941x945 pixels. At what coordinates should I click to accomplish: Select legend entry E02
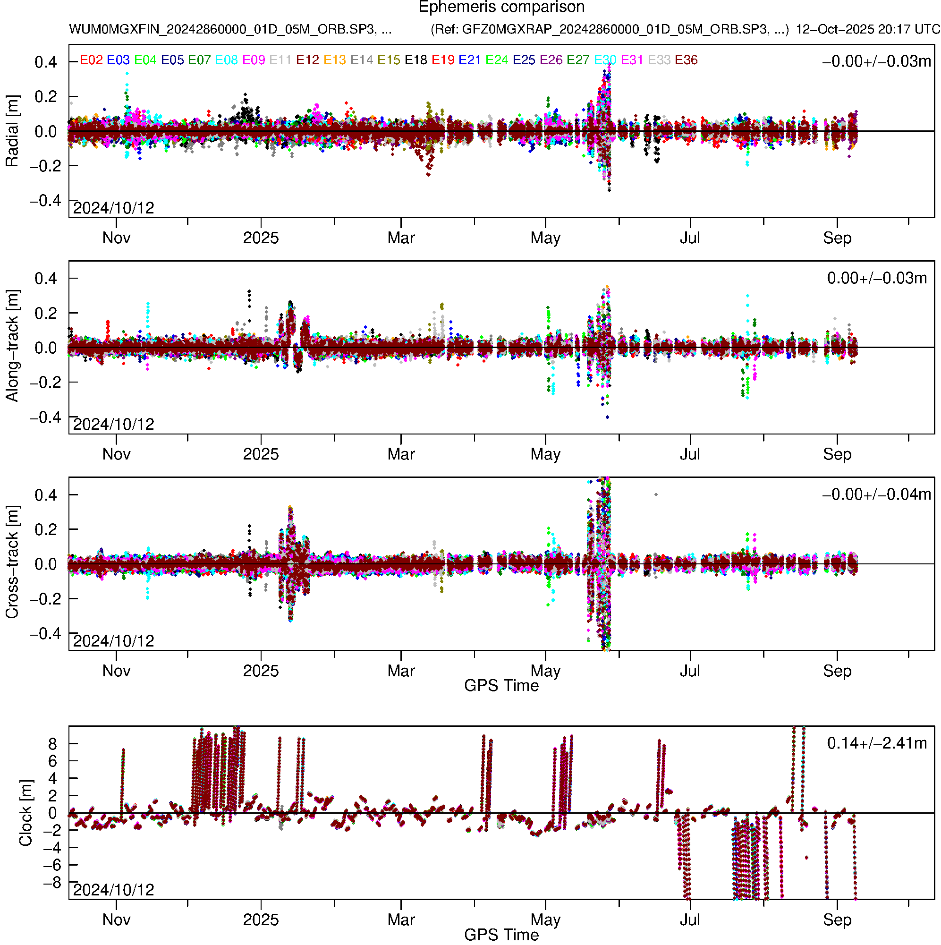(x=91, y=60)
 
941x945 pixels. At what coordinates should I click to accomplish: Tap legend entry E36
(x=686, y=60)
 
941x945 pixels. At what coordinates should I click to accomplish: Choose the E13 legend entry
(x=335, y=60)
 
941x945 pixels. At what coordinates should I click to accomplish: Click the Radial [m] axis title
(x=12, y=131)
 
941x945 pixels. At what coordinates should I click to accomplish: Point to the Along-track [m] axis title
(x=12, y=346)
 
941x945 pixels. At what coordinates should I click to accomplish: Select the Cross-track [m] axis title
(x=12, y=562)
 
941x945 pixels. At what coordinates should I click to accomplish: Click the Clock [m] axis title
(x=25, y=813)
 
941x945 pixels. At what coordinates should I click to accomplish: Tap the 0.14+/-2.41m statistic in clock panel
(x=877, y=743)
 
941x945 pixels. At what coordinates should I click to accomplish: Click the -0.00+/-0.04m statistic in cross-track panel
(x=877, y=494)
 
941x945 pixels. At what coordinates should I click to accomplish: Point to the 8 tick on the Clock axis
(x=52, y=744)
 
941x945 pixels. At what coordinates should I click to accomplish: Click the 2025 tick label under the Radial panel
(x=261, y=238)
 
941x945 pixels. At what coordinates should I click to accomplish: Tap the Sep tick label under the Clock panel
(x=837, y=920)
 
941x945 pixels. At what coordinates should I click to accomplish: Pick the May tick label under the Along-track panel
(x=545, y=454)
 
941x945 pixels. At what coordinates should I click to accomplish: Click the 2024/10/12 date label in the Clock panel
(x=113, y=890)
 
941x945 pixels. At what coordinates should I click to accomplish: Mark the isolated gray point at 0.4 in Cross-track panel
(x=656, y=495)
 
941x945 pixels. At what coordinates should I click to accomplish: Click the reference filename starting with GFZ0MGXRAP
(x=610, y=29)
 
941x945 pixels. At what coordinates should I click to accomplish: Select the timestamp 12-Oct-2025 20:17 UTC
(x=867, y=29)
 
